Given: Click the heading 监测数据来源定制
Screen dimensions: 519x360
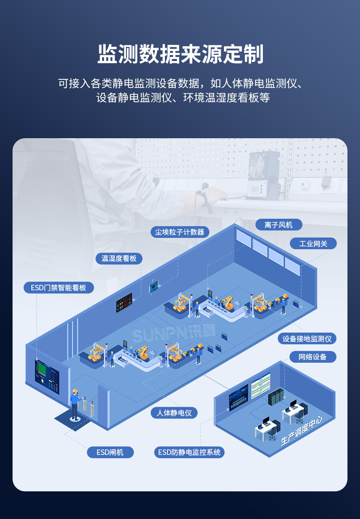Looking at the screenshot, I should (x=180, y=55).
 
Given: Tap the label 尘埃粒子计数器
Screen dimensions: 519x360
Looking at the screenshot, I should (x=180, y=232).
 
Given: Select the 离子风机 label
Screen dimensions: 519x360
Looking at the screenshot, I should (x=278, y=225).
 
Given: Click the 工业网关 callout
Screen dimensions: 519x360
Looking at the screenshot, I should (x=313, y=243).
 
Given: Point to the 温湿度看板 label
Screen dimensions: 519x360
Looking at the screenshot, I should (x=119, y=258).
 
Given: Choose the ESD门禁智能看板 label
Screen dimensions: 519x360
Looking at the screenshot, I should (x=59, y=287).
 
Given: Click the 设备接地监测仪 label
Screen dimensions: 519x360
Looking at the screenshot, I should (x=307, y=338).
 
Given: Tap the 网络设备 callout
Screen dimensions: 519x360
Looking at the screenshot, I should (x=312, y=357).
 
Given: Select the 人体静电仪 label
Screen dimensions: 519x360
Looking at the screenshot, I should (x=174, y=413).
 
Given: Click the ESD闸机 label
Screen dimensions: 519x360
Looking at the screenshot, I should (x=110, y=452).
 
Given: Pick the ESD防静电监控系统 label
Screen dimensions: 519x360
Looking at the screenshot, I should (x=189, y=452).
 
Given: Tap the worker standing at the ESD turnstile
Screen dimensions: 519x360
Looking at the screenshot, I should (x=75, y=403).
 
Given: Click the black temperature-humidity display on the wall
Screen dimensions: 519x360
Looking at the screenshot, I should (x=124, y=302).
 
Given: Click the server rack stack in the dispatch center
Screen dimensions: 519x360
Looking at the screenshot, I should (x=276, y=396).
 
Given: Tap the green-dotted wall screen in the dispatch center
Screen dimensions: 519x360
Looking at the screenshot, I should (x=260, y=383).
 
